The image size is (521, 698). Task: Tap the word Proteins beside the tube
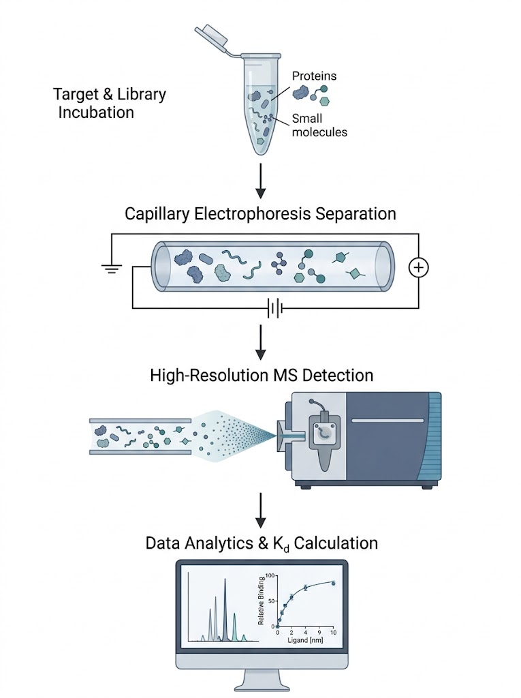[314, 76]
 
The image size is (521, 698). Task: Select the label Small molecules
[319, 125]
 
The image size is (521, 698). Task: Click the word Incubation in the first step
[95, 112]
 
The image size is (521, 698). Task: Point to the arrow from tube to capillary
[259, 180]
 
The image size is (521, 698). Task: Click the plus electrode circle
[418, 268]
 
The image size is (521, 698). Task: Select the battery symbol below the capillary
[274, 309]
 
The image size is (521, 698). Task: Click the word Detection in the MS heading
[337, 375]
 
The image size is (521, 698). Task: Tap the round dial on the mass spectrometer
[323, 432]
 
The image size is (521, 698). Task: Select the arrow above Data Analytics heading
[259, 511]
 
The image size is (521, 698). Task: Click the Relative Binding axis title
[261, 602]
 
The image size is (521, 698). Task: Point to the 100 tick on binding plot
[270, 576]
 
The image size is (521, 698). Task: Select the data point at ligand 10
[333, 583]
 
